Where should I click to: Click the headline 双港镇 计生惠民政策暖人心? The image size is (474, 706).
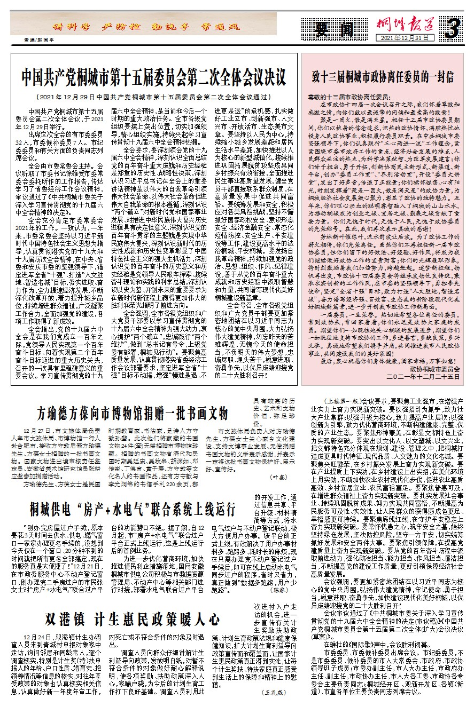tap(132, 620)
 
